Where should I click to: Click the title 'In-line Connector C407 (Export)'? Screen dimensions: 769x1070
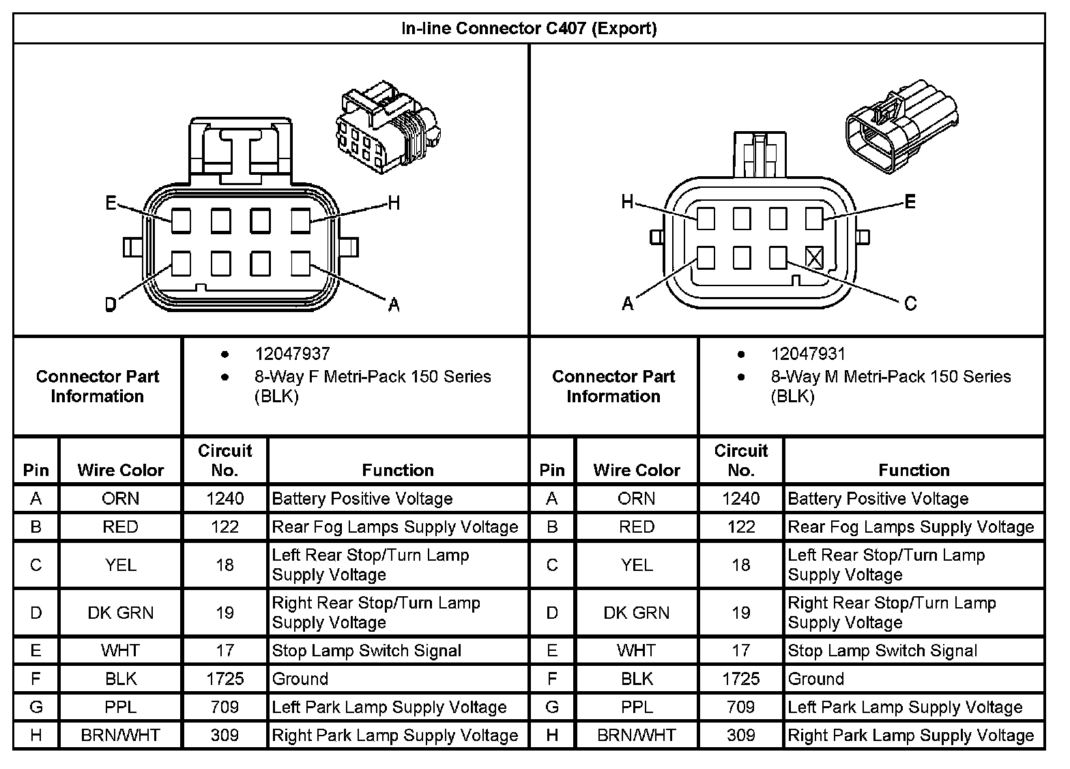[529, 29]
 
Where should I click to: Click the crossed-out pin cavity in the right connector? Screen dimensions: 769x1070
[814, 257]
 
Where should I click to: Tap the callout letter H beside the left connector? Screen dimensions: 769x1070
[394, 203]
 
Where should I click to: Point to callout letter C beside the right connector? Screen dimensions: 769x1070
[910, 303]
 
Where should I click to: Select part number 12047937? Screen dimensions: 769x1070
[292, 354]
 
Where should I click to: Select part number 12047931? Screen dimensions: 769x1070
[808, 354]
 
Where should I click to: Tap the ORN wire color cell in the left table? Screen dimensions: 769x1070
[120, 499]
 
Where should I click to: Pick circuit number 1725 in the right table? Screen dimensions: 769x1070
[740, 679]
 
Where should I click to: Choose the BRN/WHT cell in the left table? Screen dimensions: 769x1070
[120, 736]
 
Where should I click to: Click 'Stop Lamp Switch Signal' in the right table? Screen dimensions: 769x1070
[882, 651]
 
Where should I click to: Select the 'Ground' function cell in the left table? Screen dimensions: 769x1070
[300, 679]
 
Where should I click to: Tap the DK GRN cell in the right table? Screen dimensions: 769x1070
[636, 613]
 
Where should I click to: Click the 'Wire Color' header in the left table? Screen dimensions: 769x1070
[120, 470]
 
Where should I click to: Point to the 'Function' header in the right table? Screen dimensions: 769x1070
[914, 470]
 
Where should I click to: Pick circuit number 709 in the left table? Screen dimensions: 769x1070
[225, 707]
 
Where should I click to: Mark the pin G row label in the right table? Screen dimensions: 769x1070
[552, 707]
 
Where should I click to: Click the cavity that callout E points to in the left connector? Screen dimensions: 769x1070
[181, 221]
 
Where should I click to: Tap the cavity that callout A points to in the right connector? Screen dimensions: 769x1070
[706, 257]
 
